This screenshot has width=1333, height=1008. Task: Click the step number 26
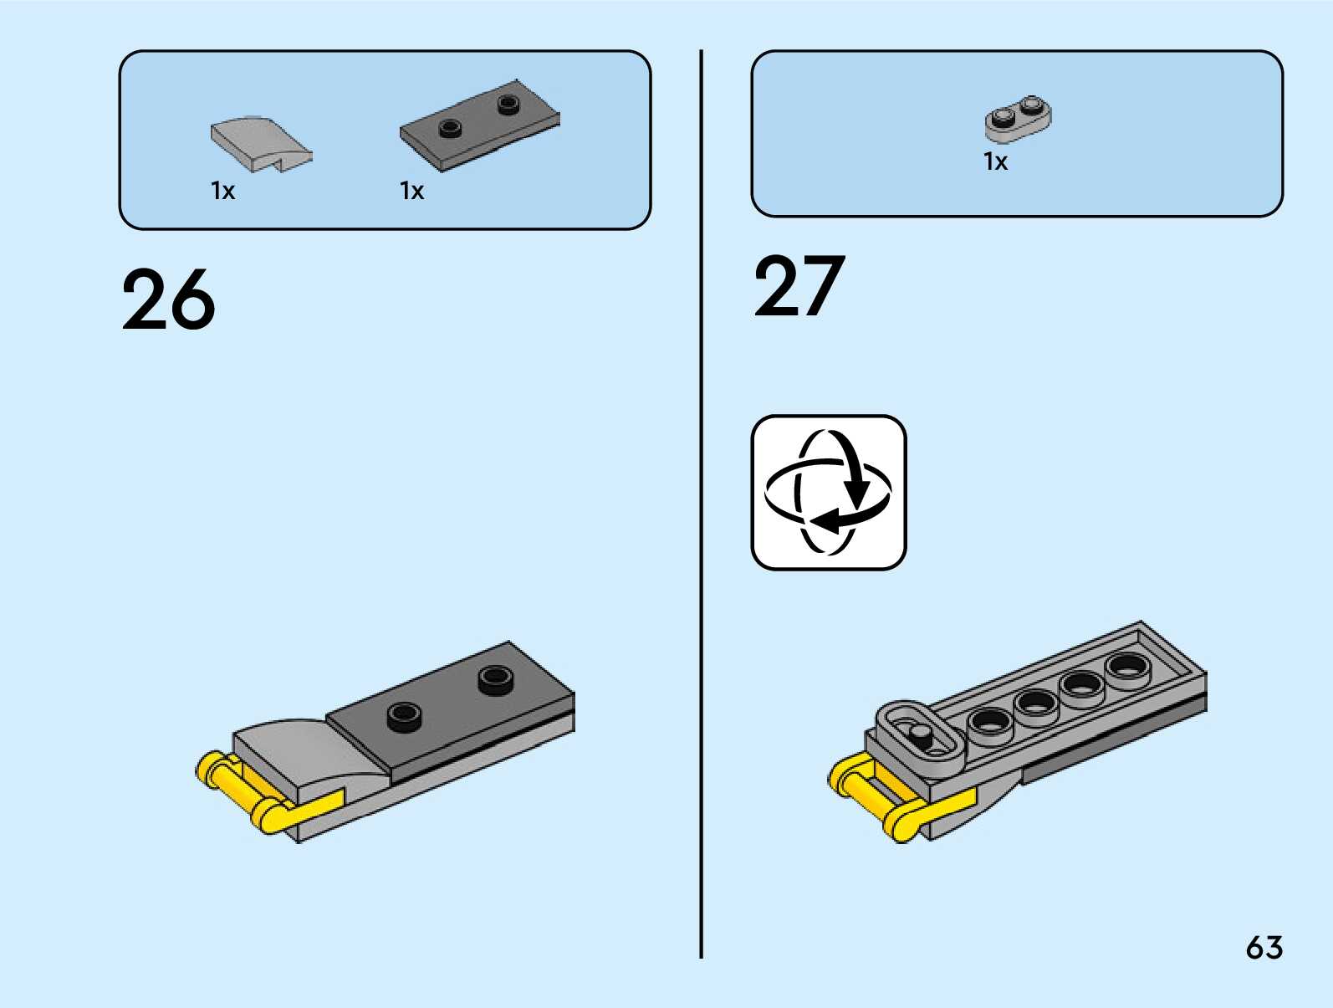(168, 299)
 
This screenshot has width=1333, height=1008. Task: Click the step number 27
(799, 287)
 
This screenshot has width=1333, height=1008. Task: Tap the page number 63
(1264, 948)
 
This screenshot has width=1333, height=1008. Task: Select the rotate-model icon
(828, 493)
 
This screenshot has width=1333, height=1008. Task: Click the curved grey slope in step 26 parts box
(258, 142)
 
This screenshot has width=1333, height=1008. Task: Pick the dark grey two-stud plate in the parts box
(479, 126)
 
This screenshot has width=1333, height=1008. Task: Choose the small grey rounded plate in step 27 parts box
(1018, 119)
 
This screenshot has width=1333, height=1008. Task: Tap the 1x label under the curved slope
(222, 192)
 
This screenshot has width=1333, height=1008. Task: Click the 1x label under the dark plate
(411, 192)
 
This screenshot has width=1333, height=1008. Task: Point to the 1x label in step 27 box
(995, 161)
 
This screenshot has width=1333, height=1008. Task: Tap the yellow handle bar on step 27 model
(871, 795)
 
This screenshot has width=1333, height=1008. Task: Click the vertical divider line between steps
(701, 502)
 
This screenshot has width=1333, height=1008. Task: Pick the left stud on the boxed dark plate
(451, 128)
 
